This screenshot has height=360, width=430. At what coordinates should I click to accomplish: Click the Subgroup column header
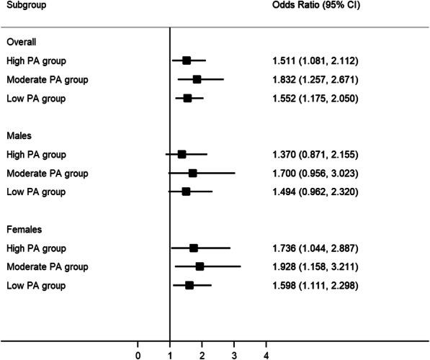pos(25,5)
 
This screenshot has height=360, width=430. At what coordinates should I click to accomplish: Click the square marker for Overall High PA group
pos(187,60)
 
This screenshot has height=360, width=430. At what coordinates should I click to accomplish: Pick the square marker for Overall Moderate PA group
pos(197,79)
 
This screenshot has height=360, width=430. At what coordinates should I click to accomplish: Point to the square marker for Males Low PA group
pos(186,192)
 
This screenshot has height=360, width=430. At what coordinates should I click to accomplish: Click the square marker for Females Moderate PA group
pos(200,266)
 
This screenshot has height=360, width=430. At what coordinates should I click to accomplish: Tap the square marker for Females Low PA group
pos(189,285)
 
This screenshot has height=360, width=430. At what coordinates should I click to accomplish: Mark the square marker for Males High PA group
pos(182,154)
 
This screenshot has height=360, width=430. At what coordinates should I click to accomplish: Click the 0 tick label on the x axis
pos(138,354)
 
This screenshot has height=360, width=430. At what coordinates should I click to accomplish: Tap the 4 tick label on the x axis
pos(266,354)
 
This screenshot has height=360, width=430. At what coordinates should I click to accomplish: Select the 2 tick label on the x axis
pos(202,354)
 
